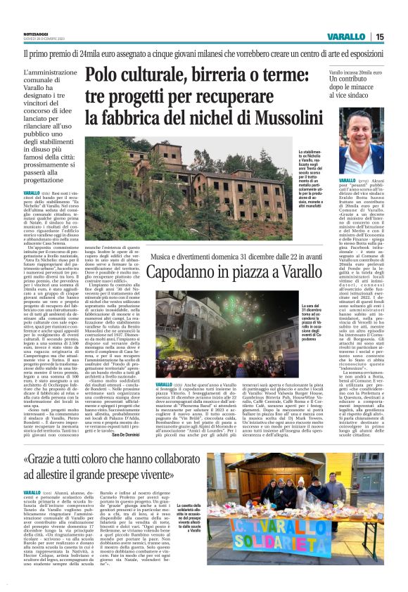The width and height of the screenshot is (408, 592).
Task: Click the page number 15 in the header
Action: (x=399, y=37)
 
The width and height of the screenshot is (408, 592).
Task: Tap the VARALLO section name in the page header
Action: (x=364, y=37)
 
